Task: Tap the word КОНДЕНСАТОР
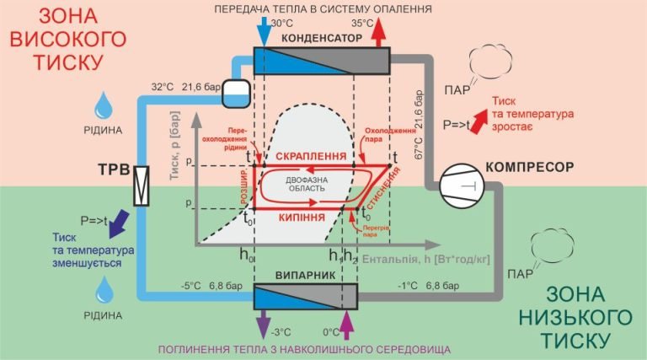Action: pos(322,40)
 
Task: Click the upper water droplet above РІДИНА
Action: pos(104,105)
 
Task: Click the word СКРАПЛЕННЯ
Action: pos(311,157)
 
